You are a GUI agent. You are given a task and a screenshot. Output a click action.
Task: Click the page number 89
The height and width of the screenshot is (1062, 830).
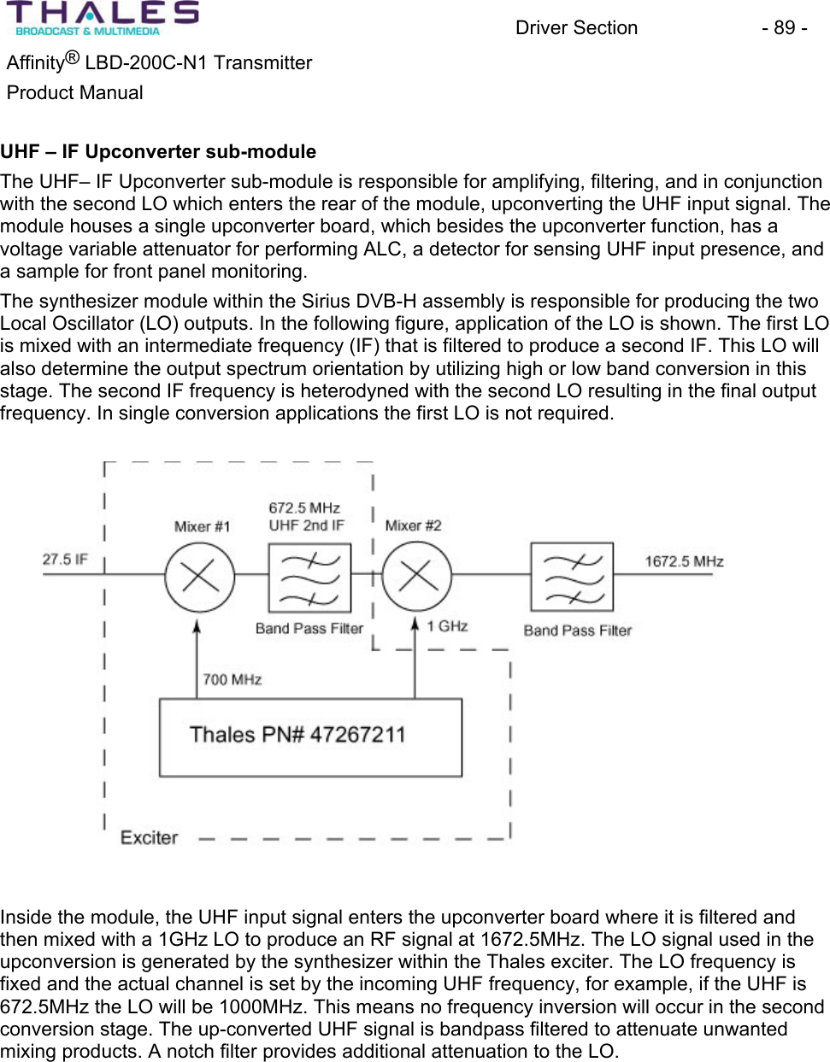[784, 28]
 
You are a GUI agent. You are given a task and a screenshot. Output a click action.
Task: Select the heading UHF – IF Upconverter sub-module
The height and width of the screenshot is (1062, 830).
[158, 152]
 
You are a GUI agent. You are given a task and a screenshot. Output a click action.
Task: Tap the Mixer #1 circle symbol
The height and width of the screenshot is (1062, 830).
[199, 577]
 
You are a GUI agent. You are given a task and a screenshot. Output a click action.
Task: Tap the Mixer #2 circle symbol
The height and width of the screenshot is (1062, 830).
[416, 577]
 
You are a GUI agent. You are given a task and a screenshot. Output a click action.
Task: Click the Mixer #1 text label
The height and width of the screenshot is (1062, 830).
[202, 526]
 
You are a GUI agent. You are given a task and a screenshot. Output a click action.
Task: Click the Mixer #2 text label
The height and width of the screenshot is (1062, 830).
[413, 525]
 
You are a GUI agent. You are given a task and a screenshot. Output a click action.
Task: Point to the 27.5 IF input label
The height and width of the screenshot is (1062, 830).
[65, 560]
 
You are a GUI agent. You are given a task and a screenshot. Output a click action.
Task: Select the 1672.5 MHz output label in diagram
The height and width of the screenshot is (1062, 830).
[684, 561]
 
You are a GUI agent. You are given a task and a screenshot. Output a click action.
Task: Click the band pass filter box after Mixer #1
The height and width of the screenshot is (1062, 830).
[309, 578]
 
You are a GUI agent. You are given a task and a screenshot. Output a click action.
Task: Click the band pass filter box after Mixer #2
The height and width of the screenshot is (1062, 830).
[572, 577]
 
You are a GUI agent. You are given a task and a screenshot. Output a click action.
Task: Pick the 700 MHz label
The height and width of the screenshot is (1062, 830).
[232, 680]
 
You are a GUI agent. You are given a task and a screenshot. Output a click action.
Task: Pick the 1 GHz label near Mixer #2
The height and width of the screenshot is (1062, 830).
[447, 626]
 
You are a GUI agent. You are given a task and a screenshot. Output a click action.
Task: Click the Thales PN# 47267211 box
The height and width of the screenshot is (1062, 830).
[310, 736]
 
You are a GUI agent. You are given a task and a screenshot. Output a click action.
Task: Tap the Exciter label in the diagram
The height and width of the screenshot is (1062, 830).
[149, 837]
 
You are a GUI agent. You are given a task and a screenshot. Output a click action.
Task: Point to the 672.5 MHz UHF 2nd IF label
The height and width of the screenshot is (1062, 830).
[305, 517]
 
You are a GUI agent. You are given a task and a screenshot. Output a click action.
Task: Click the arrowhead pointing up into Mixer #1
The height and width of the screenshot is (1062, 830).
[197, 626]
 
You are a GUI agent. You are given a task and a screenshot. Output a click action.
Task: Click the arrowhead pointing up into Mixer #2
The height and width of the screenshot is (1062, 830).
[415, 625]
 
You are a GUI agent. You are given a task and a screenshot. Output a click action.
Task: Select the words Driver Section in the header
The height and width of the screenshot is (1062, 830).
[576, 28]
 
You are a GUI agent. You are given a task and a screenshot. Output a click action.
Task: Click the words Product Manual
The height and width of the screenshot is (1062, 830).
[75, 92]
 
